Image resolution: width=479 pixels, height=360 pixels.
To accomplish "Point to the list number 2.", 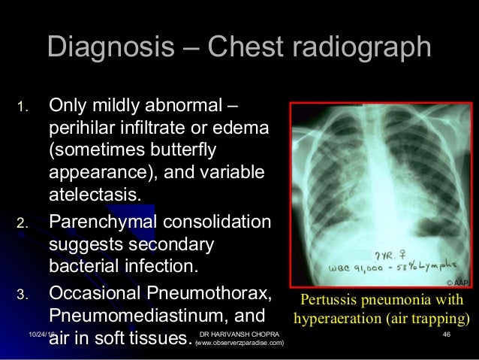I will click(x=23, y=223).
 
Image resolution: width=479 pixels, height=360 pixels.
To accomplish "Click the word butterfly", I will click(x=180, y=149).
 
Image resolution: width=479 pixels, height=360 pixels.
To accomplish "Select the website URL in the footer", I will click(x=239, y=343).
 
